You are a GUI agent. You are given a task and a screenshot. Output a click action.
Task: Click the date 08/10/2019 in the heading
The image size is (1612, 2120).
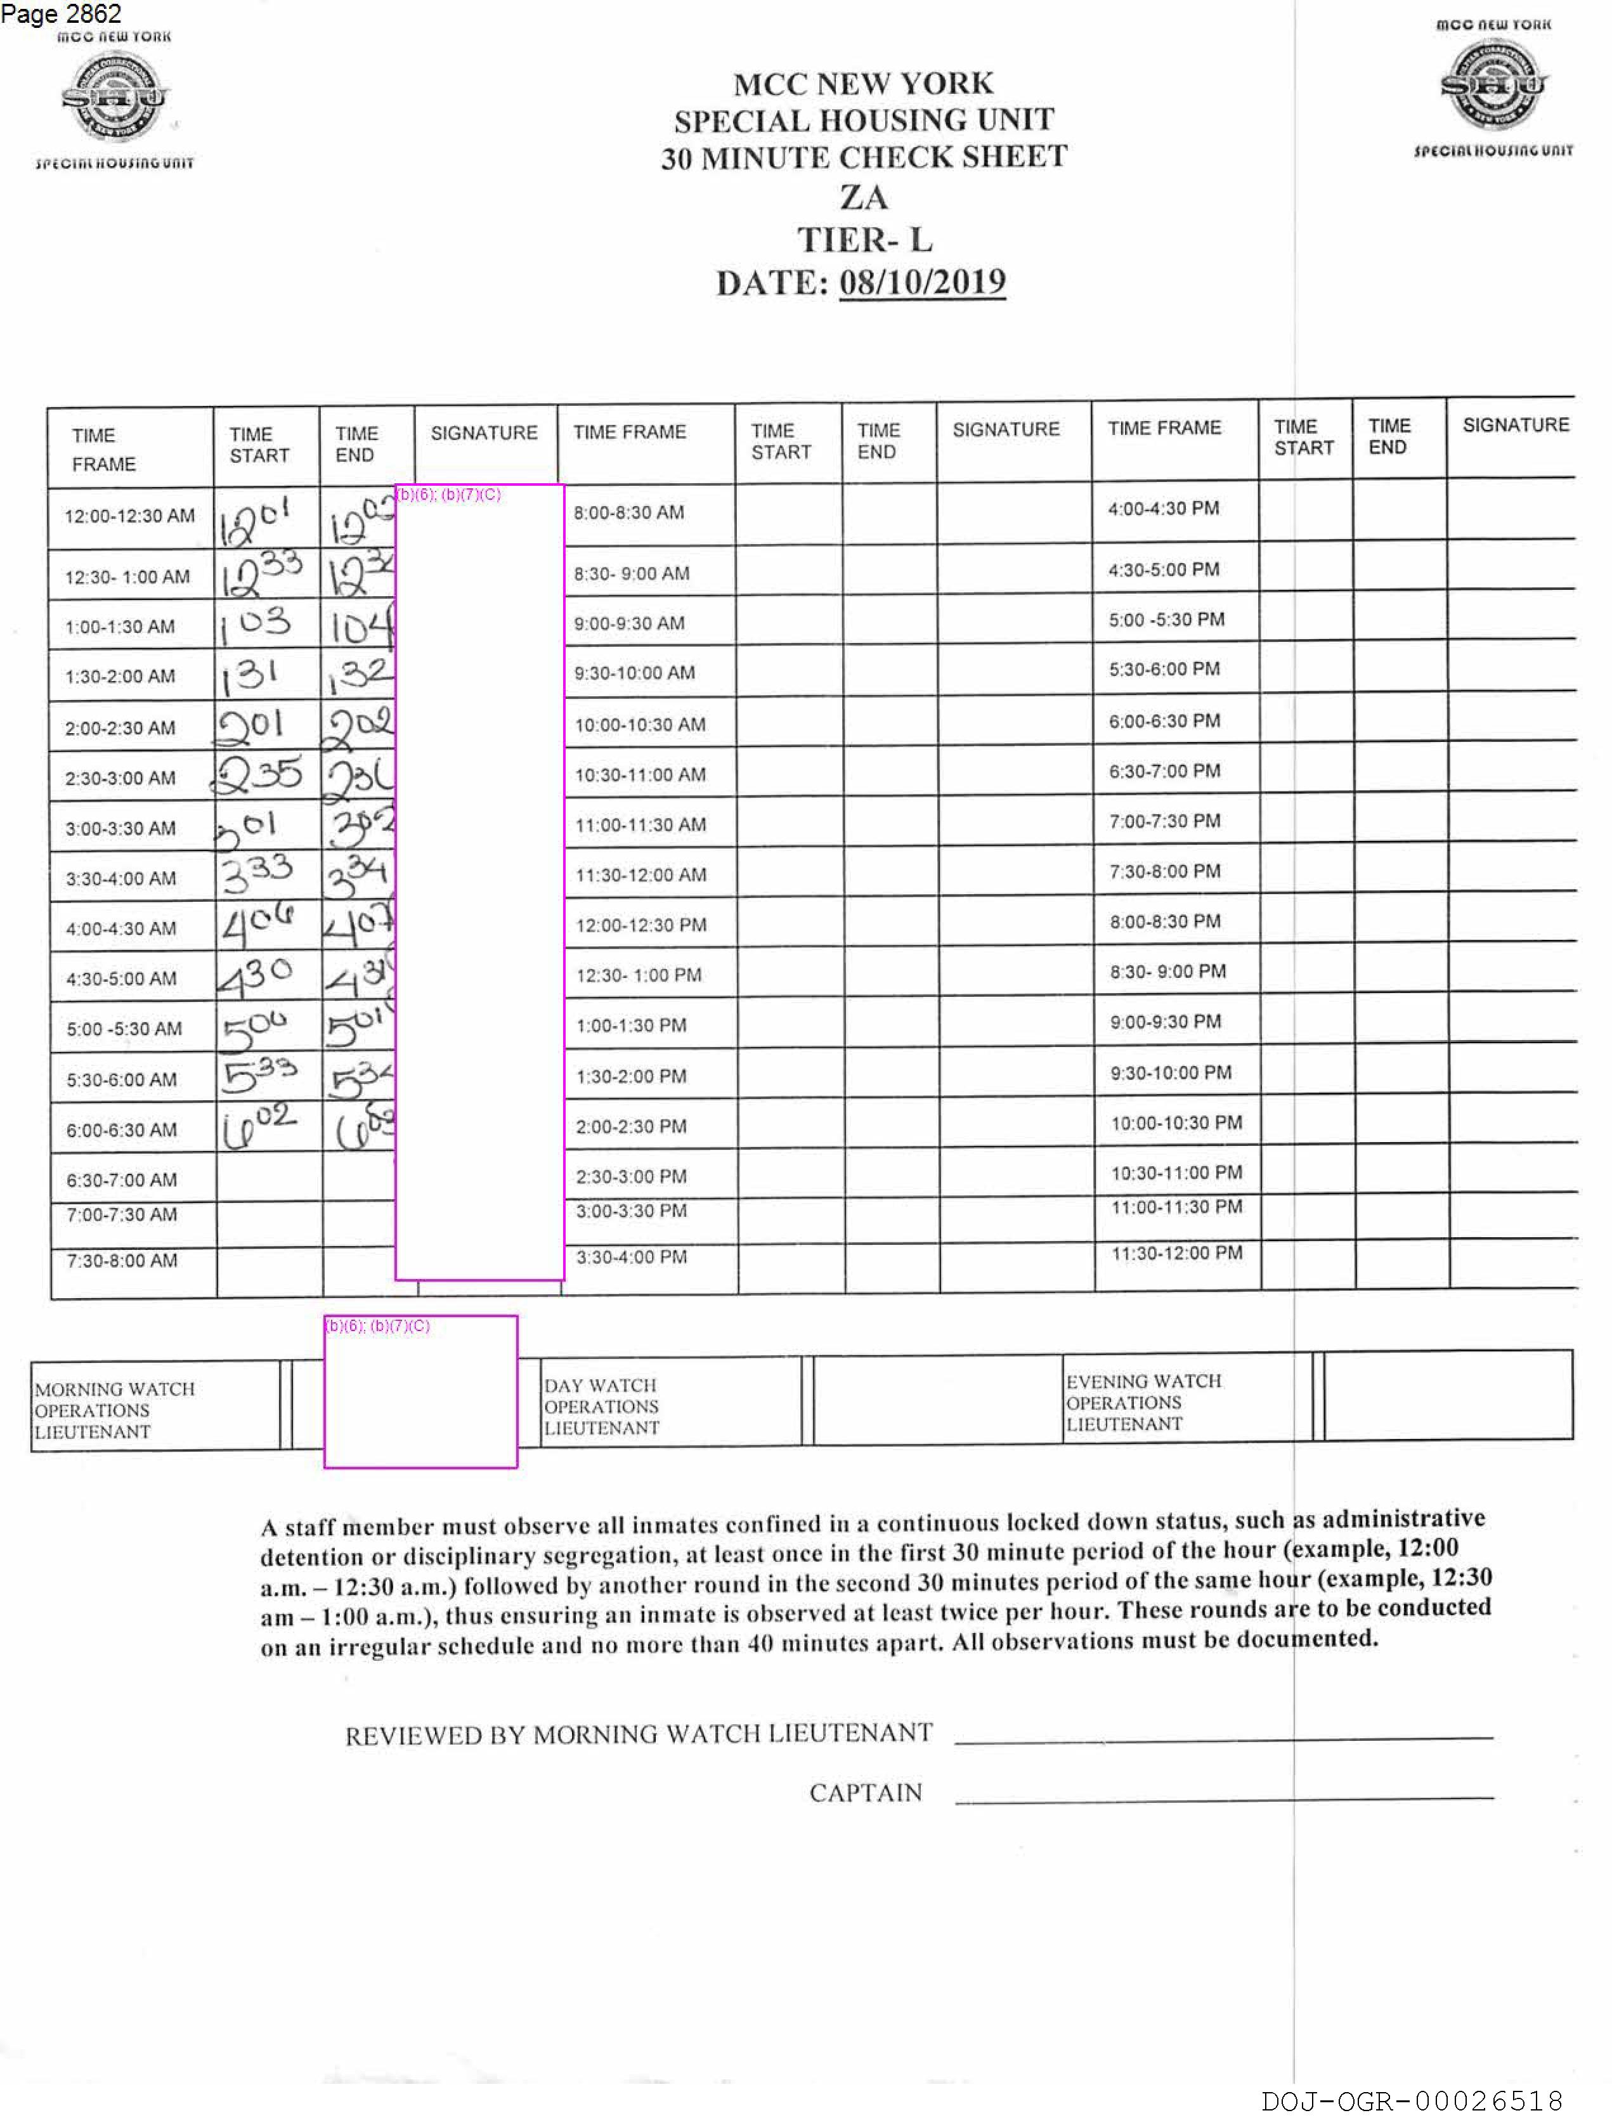921,283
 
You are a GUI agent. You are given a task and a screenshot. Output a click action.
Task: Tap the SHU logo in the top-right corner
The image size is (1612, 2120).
1493,86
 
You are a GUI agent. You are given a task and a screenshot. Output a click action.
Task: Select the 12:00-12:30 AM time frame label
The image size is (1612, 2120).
129,516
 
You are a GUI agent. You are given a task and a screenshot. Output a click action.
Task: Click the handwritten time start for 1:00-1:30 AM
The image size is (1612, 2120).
255,625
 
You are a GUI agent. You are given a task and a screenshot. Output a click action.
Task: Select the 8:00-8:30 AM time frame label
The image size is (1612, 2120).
628,513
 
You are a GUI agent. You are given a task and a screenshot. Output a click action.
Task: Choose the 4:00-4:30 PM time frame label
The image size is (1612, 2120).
1163,509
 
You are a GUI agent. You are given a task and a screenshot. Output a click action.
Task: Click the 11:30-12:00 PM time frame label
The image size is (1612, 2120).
1176,1253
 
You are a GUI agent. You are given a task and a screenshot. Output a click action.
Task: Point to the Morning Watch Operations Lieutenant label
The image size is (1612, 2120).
114,1410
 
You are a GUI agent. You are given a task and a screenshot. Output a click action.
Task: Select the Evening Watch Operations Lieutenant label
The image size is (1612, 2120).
1143,1403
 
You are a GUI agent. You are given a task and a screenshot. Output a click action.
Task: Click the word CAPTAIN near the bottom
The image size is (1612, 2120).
864,1793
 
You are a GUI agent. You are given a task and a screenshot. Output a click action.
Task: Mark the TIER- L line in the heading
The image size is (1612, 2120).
864,239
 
